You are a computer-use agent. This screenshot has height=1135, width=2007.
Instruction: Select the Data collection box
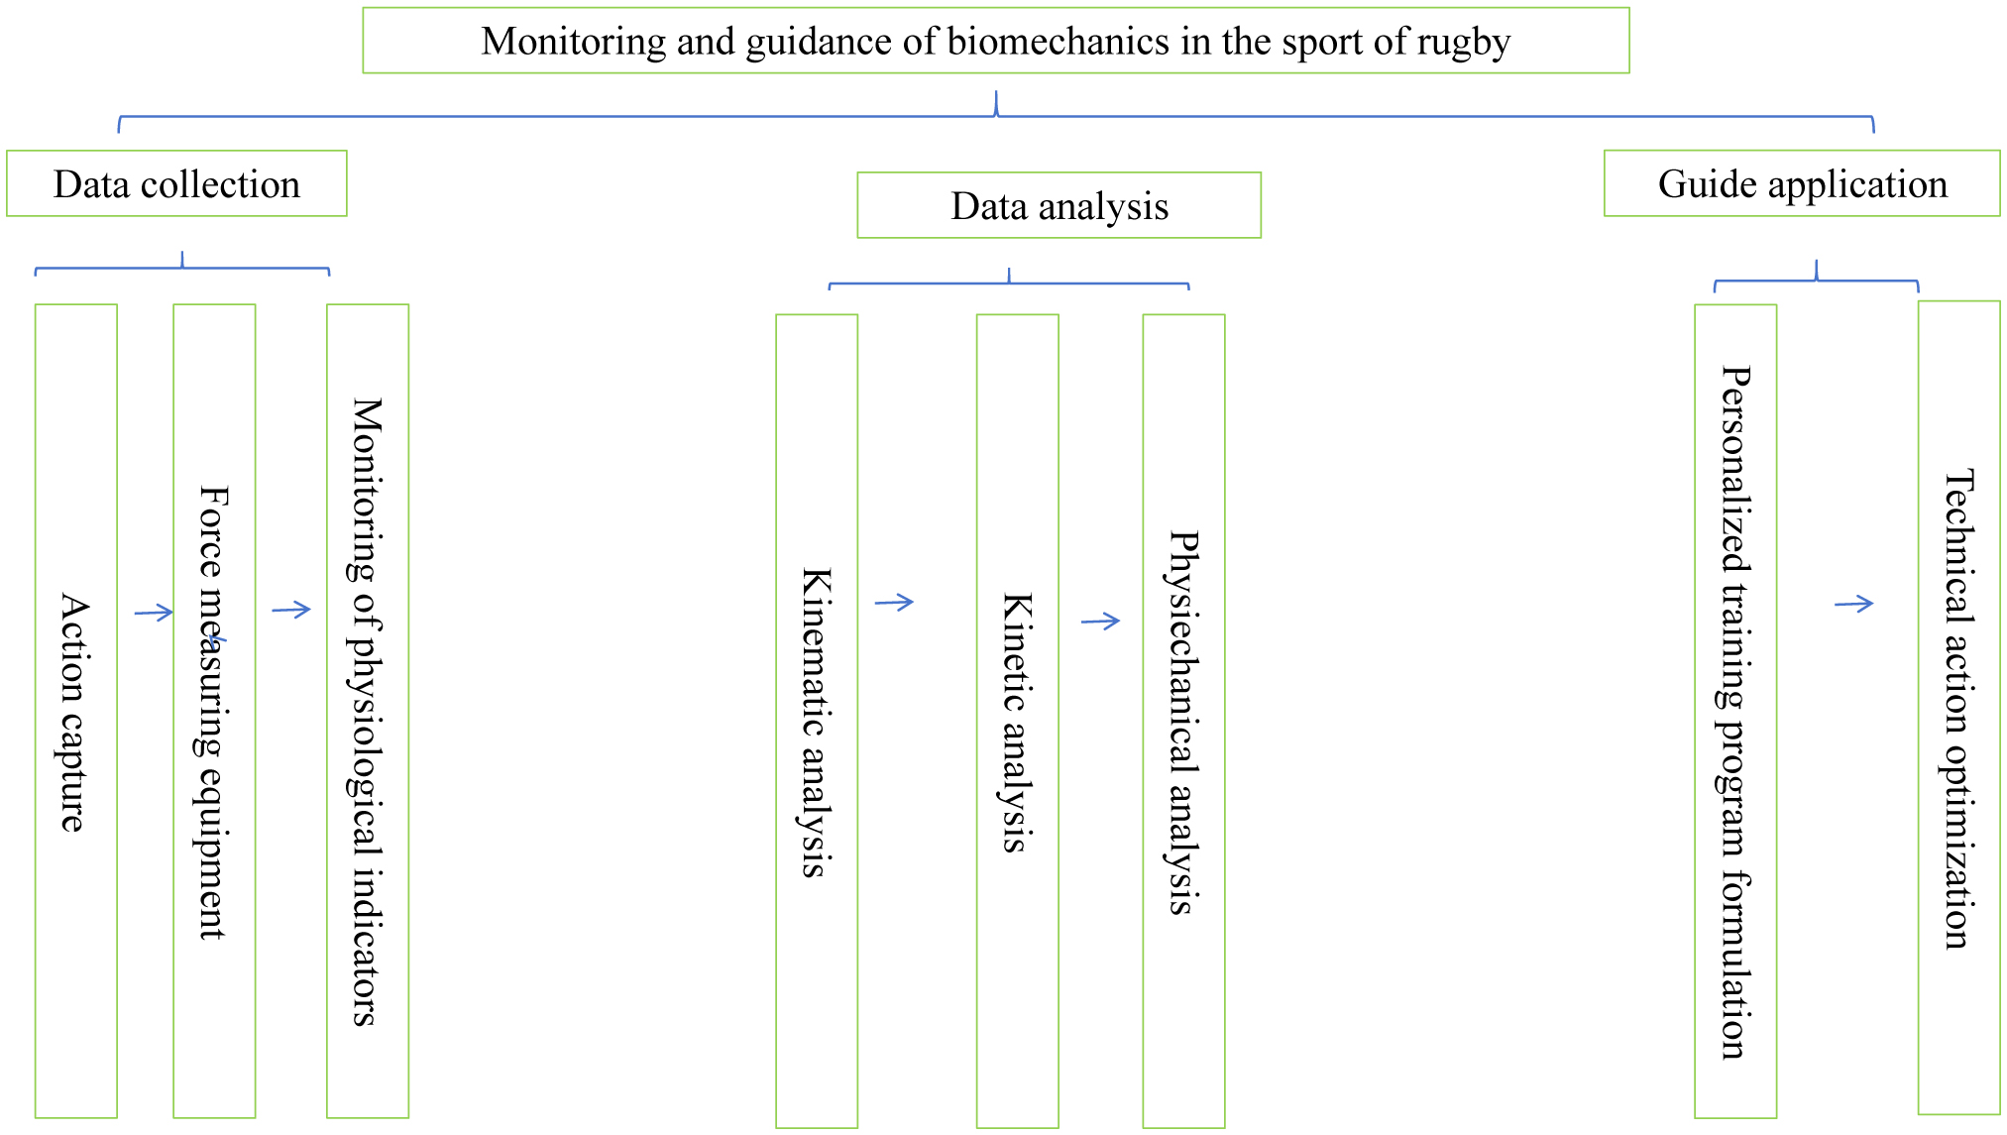point(176,184)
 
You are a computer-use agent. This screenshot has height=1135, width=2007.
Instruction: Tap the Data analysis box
point(1059,206)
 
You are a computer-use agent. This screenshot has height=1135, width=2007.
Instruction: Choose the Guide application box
point(1802,184)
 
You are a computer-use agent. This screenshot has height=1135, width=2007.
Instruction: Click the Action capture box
point(75,711)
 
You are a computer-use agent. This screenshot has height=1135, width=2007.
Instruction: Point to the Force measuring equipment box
point(214,711)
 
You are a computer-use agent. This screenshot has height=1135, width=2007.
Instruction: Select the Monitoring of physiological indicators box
point(368,711)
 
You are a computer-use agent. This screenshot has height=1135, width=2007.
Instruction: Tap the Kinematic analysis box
point(817,721)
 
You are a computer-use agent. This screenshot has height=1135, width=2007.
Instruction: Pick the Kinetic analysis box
point(1017,721)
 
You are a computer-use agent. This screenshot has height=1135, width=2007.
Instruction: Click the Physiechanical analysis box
point(1183,721)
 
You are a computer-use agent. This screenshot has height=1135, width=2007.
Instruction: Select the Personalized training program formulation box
point(1735,711)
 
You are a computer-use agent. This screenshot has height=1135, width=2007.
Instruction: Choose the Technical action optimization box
point(1958,708)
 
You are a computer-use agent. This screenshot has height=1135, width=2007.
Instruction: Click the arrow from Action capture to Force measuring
point(154,613)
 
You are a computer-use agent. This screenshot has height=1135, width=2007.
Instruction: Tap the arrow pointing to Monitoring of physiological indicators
point(291,610)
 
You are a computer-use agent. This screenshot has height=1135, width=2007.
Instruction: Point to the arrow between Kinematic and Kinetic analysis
point(894,602)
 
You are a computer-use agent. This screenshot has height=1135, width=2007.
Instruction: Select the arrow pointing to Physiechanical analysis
point(1100,622)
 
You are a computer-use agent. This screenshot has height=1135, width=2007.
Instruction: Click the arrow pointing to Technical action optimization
point(1853,604)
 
